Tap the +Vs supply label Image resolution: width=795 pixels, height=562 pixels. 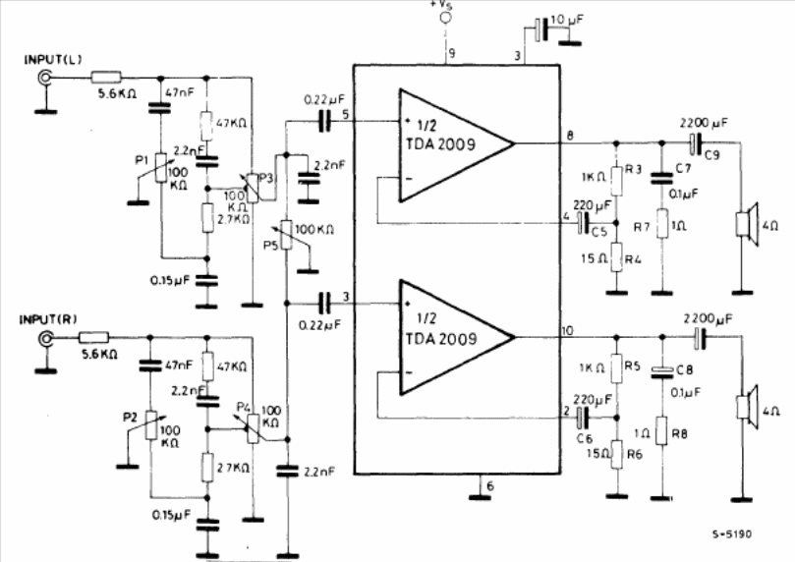click(x=445, y=9)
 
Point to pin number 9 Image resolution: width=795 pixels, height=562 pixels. click(x=451, y=53)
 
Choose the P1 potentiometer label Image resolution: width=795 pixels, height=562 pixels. click(x=141, y=157)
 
